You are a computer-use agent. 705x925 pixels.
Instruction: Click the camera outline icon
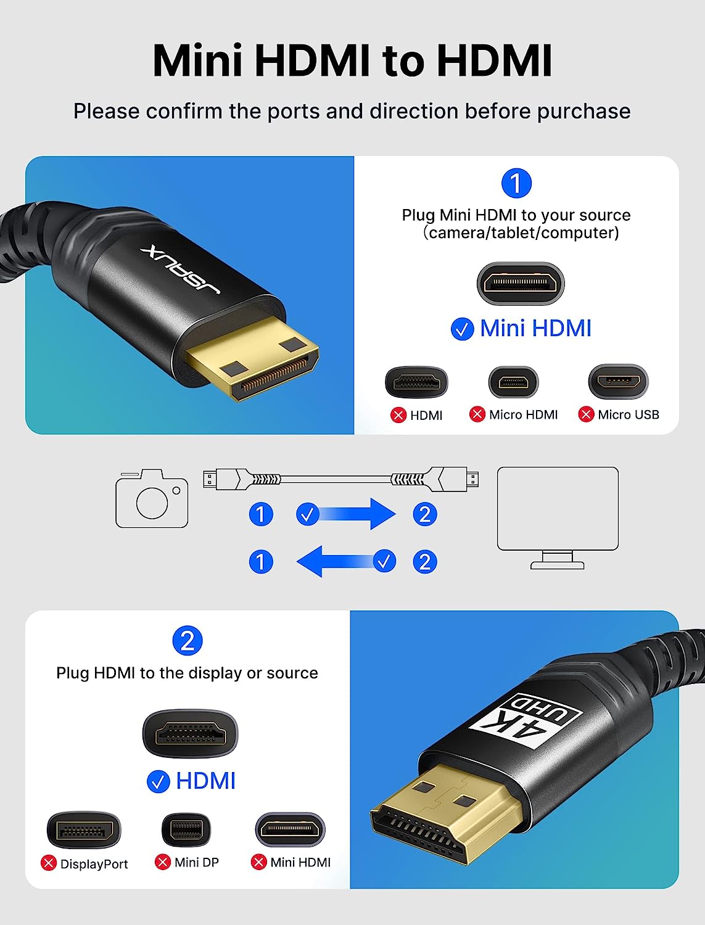click(152, 498)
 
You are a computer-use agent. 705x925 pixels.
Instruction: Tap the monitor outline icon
click(558, 518)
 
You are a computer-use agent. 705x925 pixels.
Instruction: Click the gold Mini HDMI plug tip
click(253, 358)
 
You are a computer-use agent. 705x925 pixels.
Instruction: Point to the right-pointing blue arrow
click(345, 514)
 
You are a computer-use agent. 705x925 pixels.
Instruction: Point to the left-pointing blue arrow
click(346, 561)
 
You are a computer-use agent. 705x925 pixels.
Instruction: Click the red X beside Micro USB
click(586, 414)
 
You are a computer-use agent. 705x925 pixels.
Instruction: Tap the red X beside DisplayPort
click(49, 863)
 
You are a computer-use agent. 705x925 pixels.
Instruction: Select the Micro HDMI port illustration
click(513, 382)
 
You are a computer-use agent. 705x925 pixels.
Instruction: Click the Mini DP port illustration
click(186, 830)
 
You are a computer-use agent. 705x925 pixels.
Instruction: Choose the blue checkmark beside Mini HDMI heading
click(462, 329)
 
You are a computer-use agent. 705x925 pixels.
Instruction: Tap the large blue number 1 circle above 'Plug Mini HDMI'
click(516, 183)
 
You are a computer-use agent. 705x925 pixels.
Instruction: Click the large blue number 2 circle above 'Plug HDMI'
click(188, 641)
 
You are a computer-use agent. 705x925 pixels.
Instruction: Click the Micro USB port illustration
click(618, 381)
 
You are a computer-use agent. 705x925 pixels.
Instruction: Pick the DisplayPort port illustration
click(84, 830)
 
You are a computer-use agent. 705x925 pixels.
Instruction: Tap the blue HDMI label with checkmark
click(191, 781)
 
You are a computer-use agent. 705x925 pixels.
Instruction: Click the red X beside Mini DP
click(163, 861)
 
